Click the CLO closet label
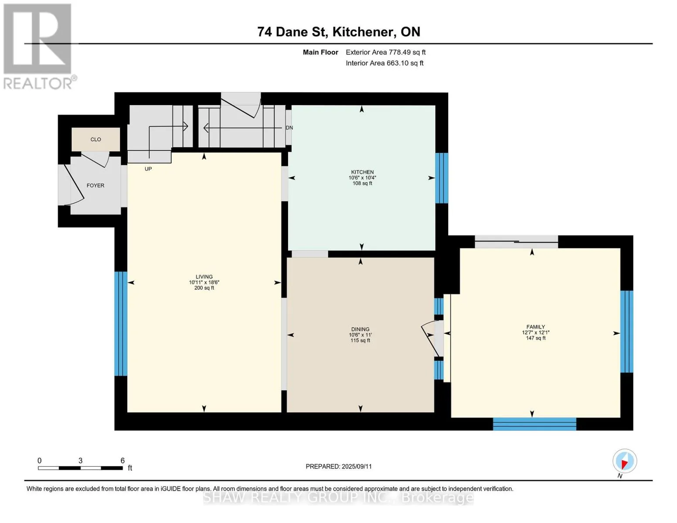(x=95, y=139)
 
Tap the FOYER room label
(x=95, y=185)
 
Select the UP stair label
(x=148, y=169)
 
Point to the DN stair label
(x=289, y=128)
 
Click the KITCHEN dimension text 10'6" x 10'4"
(x=362, y=177)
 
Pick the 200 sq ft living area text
(x=204, y=288)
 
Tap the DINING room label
(x=360, y=329)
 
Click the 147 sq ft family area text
(x=536, y=338)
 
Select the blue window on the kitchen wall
(x=442, y=178)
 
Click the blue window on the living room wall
(x=121, y=324)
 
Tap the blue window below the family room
(x=534, y=424)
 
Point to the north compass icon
(x=624, y=461)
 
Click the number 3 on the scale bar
(x=80, y=461)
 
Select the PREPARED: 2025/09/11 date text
(x=339, y=466)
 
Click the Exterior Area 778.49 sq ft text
(x=385, y=52)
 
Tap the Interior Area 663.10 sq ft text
(x=384, y=63)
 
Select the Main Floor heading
(x=320, y=52)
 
